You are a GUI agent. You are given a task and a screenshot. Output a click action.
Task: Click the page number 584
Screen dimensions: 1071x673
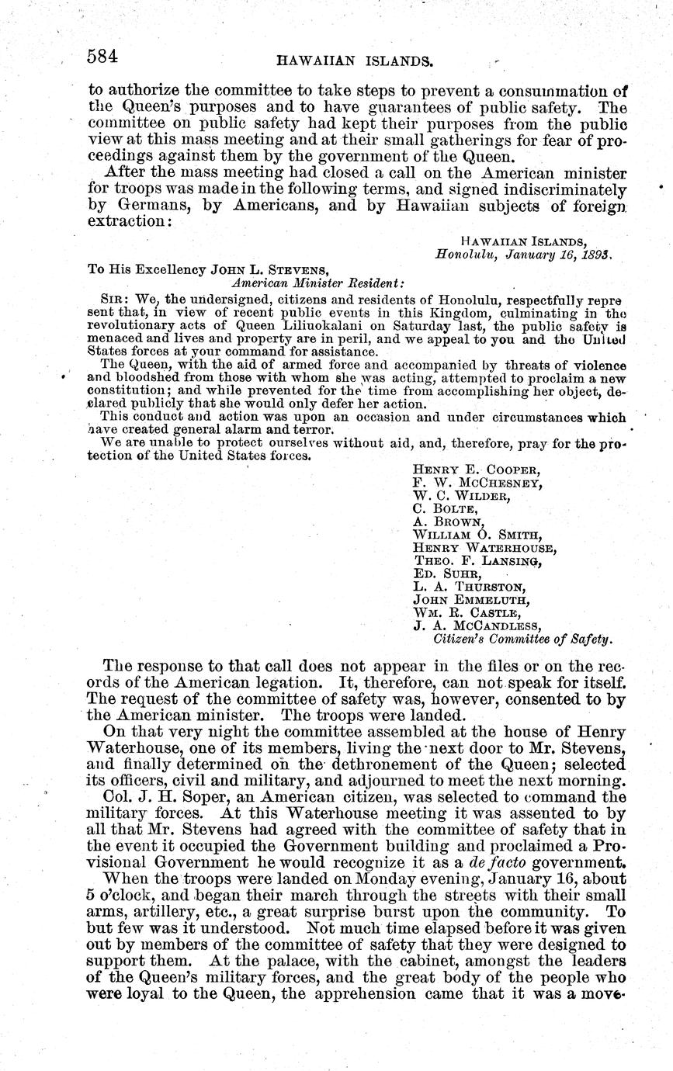pyautogui.click(x=102, y=56)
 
